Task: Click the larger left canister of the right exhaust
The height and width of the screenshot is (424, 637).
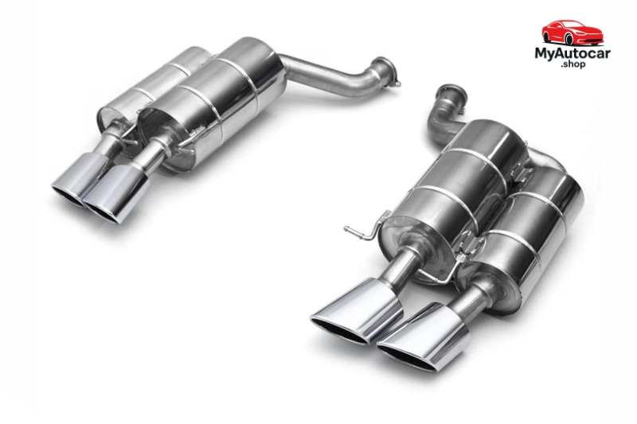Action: click(446, 191)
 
